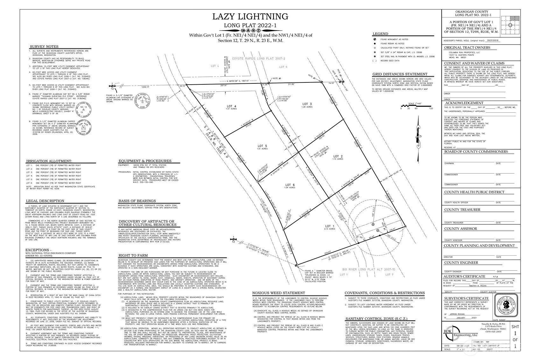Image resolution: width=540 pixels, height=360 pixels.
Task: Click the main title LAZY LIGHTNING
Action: pos(250,17)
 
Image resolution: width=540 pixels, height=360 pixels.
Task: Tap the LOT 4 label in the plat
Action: pos(231,106)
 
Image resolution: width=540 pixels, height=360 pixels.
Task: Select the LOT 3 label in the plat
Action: pos(307,104)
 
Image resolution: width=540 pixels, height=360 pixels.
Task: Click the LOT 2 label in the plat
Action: pos(338,156)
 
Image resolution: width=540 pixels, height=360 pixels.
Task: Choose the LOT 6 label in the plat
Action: pos(290,185)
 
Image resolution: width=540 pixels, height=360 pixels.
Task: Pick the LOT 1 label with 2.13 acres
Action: pos(330,226)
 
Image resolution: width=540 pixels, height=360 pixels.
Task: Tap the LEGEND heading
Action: pos(380,34)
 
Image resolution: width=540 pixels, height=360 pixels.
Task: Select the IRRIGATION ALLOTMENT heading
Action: pos(49,161)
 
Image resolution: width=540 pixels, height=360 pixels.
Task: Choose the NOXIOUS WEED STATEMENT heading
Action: pos(278,293)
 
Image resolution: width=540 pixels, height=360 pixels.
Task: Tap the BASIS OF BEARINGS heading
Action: pos(137,201)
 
